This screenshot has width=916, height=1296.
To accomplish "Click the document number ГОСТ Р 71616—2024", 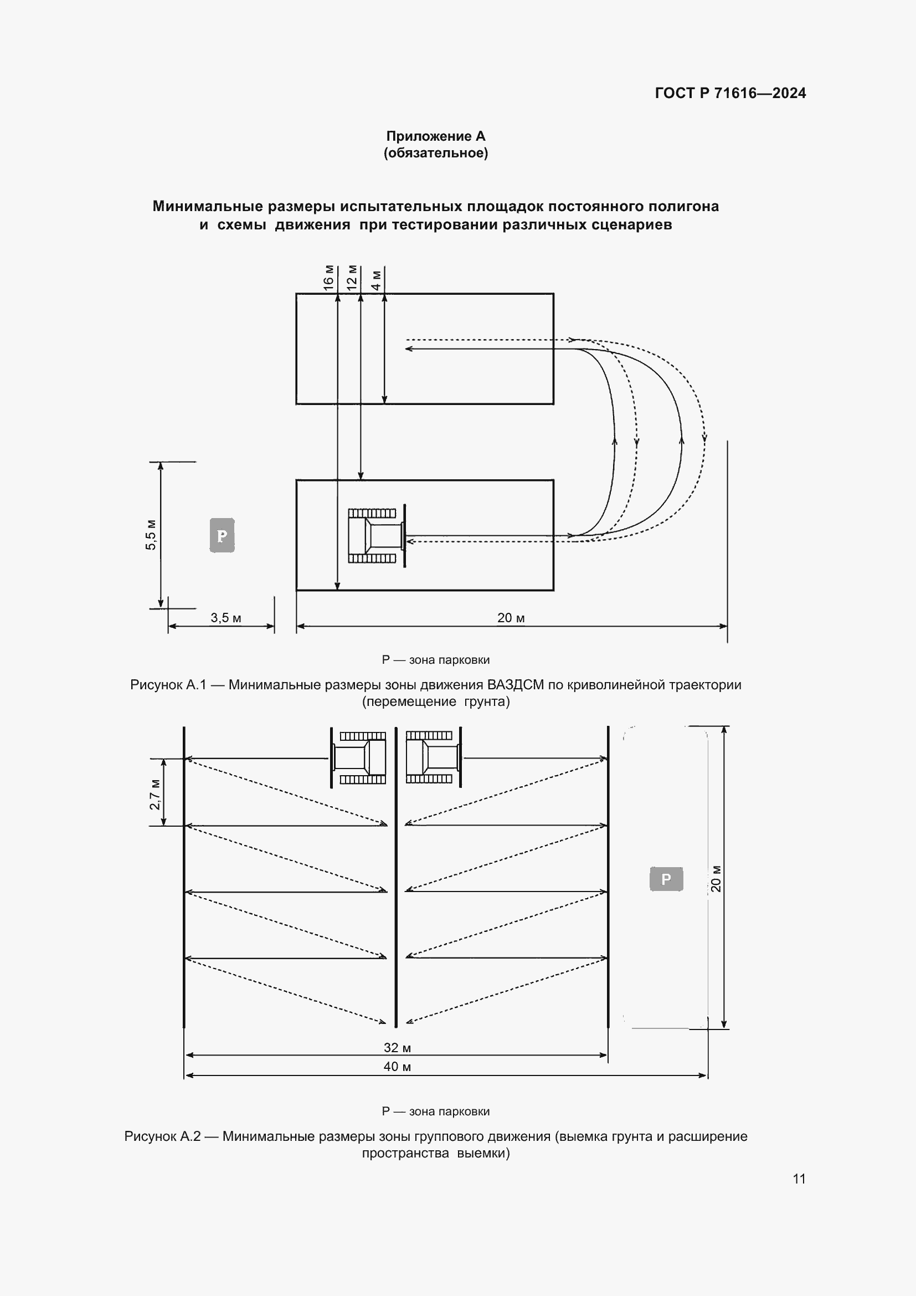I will click(730, 93).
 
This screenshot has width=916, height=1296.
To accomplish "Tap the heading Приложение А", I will click(435, 136).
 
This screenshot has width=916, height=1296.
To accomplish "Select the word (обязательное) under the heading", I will click(435, 153).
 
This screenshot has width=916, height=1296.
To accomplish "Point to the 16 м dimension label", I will click(328, 278).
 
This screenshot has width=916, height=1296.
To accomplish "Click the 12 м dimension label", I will click(352, 278).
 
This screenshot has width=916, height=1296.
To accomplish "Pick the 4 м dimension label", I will click(375, 280).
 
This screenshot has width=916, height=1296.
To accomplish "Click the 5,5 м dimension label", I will click(151, 534).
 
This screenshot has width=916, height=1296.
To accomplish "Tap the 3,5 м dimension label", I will click(225, 618).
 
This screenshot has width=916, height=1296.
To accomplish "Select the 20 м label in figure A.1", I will click(511, 618).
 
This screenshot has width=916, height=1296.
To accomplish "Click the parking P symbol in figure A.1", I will click(222, 535).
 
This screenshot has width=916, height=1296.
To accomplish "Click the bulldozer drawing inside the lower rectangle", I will click(375, 535).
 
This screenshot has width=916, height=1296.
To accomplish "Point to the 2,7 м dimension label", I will click(155, 794).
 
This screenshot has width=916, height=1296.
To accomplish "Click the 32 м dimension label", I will click(397, 1048).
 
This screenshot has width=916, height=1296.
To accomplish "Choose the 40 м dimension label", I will click(397, 1067).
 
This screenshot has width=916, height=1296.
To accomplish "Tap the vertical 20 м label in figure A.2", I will click(716, 878).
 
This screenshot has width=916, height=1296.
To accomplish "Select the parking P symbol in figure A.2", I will click(666, 879).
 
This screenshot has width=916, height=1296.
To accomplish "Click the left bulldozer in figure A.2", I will click(359, 757).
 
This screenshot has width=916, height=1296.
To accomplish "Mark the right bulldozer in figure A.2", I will click(433, 757).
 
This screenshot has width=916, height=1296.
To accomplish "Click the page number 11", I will click(799, 1179).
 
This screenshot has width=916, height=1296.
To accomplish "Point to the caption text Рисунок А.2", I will click(162, 1136).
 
